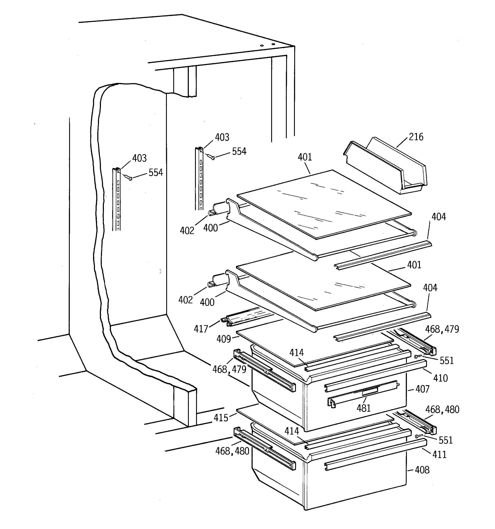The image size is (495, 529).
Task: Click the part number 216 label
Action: (x=416, y=137)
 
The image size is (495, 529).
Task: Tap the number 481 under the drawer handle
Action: (x=364, y=408)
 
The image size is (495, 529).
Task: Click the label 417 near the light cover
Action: (x=201, y=329)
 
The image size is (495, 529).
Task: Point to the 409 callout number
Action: (x=223, y=339)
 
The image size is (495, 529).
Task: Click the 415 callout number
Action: (x=221, y=418)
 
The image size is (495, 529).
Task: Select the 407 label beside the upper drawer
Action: (x=422, y=389)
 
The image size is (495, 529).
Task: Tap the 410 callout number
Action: (x=440, y=378)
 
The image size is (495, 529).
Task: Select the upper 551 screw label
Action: (x=447, y=361)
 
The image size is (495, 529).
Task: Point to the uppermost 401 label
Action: (x=305, y=157)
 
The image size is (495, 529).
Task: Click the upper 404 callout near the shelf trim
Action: (x=438, y=217)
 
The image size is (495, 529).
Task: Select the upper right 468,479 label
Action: (x=442, y=329)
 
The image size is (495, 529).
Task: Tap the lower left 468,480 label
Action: (x=232, y=451)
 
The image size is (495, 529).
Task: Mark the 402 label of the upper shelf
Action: (x=187, y=231)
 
